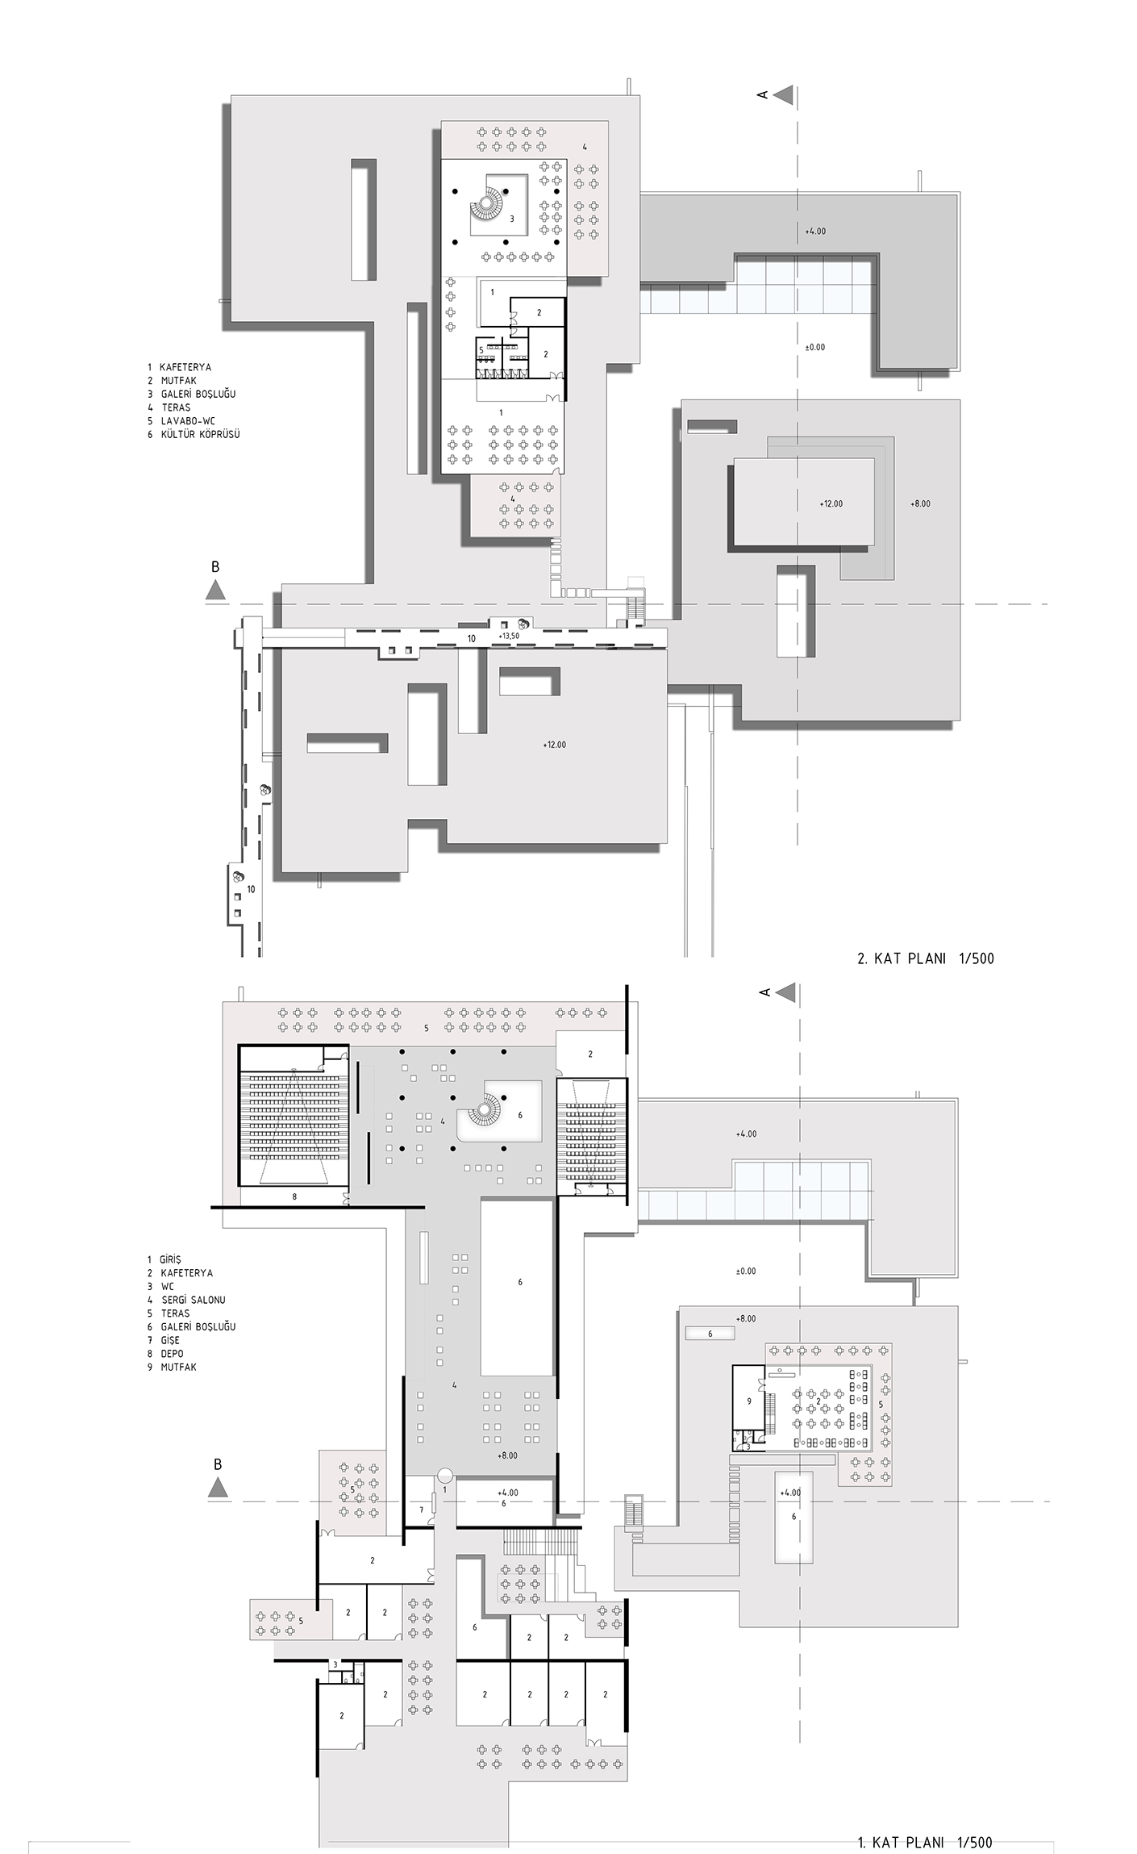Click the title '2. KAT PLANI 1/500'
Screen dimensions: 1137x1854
click(x=925, y=958)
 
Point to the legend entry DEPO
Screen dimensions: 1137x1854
click(x=172, y=1354)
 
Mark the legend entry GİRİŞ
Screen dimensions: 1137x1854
click(x=171, y=1259)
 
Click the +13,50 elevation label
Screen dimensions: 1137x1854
click(x=509, y=636)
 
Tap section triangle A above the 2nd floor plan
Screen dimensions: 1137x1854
click(x=784, y=95)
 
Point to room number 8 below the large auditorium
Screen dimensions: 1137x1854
click(x=294, y=1197)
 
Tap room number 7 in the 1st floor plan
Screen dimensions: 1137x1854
click(x=421, y=1510)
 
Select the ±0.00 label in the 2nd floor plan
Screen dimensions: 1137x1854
click(x=814, y=347)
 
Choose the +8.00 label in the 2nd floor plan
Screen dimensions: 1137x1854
click(x=920, y=503)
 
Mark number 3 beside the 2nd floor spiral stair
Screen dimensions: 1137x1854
click(x=512, y=218)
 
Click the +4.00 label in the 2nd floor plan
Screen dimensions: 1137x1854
click(x=815, y=232)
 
